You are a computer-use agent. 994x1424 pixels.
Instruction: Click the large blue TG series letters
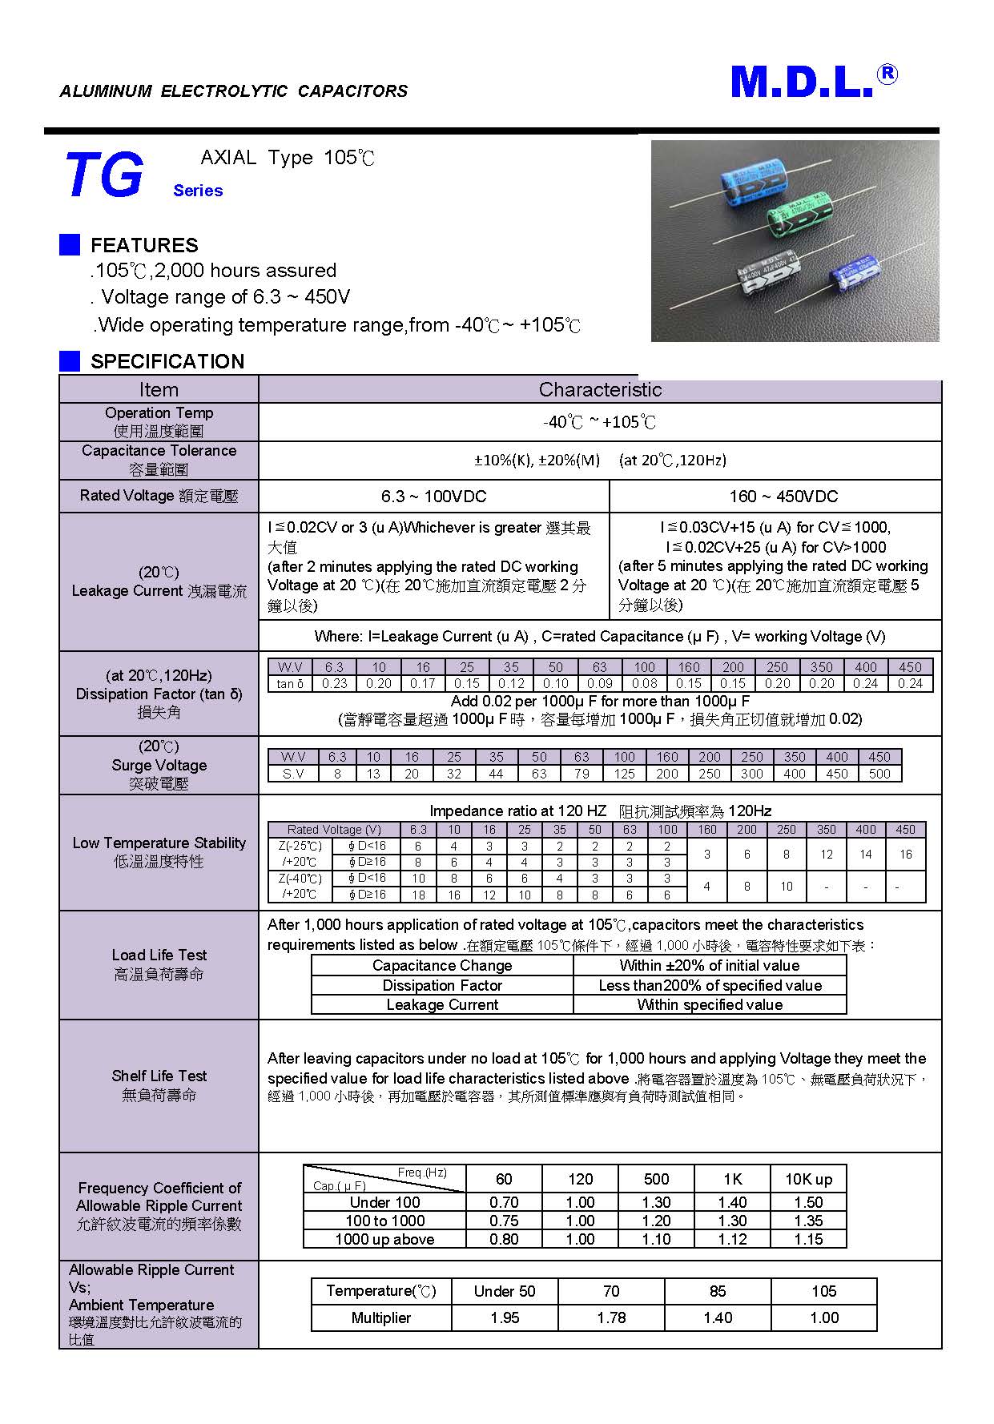coord(104,175)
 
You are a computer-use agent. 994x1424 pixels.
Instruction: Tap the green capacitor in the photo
coord(798,218)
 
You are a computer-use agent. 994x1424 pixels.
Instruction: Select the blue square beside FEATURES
coord(70,245)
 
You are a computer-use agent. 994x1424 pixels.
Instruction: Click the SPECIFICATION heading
coord(167,361)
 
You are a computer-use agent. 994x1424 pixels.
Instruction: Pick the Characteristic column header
coord(600,390)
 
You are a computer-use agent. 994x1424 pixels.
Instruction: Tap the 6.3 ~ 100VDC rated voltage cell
coord(433,497)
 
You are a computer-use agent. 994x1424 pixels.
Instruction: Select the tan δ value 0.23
coord(334,684)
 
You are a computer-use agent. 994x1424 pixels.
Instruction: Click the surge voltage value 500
coord(879,774)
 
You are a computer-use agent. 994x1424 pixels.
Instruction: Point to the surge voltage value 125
coord(624,774)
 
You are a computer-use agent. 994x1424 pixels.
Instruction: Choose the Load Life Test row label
coord(159,964)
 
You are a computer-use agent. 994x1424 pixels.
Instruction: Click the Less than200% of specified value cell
coord(710,986)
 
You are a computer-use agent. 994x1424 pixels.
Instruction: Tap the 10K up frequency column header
coord(808,1179)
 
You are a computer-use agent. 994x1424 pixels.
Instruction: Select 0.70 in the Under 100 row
coord(504,1202)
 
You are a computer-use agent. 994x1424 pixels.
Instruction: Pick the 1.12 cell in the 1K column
coord(732,1239)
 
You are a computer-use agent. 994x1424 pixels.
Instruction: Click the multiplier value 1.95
coord(505,1317)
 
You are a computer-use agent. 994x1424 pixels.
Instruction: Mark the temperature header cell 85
coord(718,1291)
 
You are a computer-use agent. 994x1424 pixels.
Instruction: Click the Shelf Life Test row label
coord(159,1085)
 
